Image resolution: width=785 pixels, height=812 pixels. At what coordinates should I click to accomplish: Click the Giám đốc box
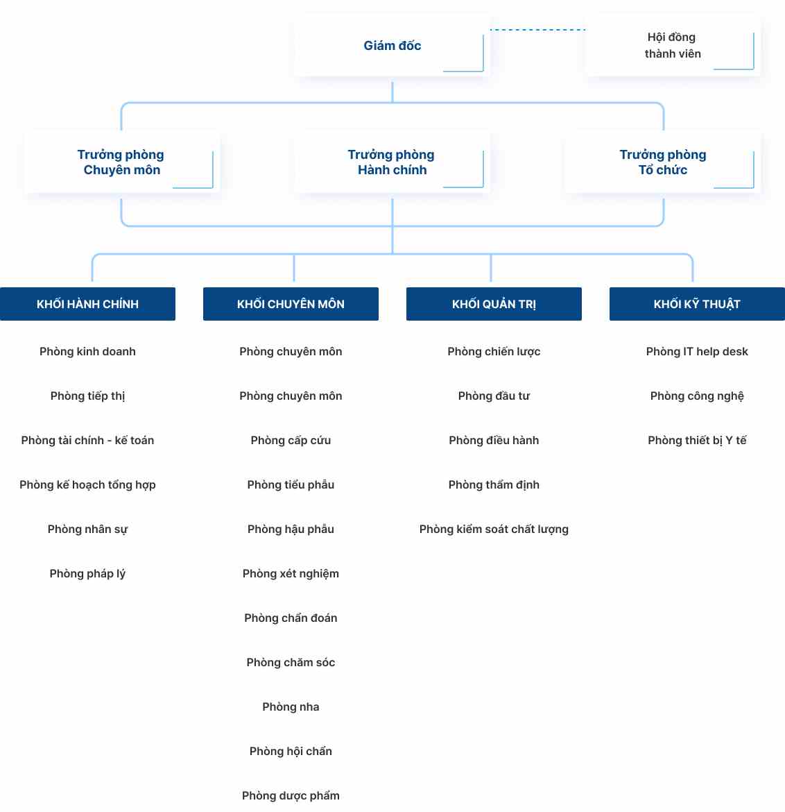pos(392,46)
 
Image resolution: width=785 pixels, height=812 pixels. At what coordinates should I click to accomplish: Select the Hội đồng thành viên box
pos(672,46)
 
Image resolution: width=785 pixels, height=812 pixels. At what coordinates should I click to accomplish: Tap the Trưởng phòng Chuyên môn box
pos(121,162)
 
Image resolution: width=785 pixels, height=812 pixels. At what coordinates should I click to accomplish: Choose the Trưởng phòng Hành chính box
pos(392,162)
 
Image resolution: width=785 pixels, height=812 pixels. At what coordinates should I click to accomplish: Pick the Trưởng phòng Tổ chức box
pos(662,162)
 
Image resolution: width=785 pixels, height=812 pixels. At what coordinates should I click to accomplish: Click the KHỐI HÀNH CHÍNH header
pos(87,304)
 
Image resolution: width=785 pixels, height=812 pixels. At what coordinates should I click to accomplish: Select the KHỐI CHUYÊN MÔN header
pos(291,304)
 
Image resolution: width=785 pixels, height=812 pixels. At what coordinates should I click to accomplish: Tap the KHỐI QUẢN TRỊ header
pos(494,304)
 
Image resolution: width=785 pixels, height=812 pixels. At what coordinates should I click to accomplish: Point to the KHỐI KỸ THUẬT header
pos(697,304)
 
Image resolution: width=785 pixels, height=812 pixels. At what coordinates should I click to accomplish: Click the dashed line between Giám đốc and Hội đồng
pos(537,30)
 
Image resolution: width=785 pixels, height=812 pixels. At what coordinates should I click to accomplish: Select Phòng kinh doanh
pos(87,352)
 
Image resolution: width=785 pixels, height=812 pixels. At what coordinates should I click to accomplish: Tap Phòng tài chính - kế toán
pos(87,441)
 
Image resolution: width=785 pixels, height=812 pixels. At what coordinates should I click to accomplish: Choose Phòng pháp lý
pos(87,574)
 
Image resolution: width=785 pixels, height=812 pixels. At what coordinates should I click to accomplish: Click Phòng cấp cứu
pos(291,441)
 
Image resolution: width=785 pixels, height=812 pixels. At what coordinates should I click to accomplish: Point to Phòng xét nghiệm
pos(291,574)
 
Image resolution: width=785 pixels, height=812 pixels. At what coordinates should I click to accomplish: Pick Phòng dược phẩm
pos(291,796)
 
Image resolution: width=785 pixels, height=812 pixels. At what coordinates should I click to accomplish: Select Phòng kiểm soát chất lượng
pos(494,530)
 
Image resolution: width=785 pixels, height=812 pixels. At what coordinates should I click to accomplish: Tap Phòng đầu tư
pos(494,396)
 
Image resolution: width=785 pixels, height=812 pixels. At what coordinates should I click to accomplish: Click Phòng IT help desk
pos(697,352)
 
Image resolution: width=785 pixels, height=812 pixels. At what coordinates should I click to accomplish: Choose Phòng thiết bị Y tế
pos(697,441)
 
